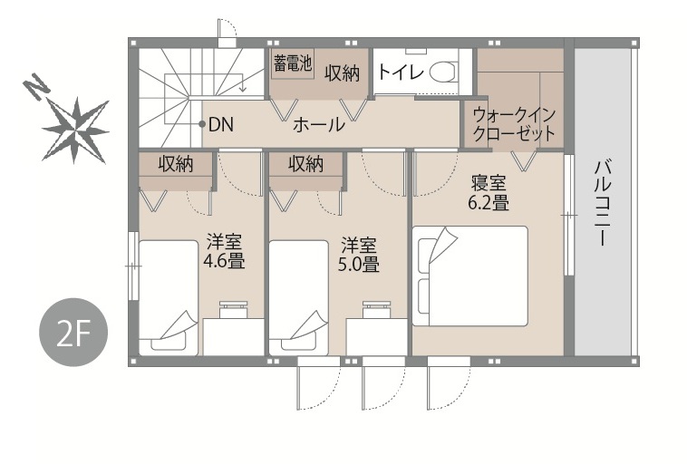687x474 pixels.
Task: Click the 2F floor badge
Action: (x=73, y=333)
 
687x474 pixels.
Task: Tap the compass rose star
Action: (x=76, y=130)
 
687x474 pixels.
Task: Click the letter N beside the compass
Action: (x=36, y=87)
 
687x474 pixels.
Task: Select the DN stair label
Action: (x=221, y=125)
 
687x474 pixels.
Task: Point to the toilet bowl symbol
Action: (x=442, y=72)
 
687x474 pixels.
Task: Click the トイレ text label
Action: (x=400, y=72)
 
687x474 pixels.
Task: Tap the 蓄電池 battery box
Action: (x=292, y=64)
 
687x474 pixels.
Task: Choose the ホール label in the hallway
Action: (x=318, y=125)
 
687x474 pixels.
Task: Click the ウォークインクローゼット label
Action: (x=514, y=124)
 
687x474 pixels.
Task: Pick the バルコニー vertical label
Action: (x=603, y=203)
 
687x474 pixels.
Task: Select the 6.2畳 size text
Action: (x=489, y=203)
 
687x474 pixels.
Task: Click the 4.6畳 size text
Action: (x=224, y=261)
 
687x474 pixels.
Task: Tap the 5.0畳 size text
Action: (x=358, y=264)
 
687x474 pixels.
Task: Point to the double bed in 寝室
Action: (x=469, y=276)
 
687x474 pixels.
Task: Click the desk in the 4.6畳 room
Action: (x=233, y=336)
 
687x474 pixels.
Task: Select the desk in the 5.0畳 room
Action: (x=376, y=336)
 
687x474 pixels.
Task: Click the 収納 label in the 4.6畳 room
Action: (x=176, y=164)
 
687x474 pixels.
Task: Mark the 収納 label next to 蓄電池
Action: (x=343, y=73)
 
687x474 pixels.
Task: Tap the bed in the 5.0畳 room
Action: (x=298, y=298)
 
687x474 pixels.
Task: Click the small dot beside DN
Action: (x=202, y=124)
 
